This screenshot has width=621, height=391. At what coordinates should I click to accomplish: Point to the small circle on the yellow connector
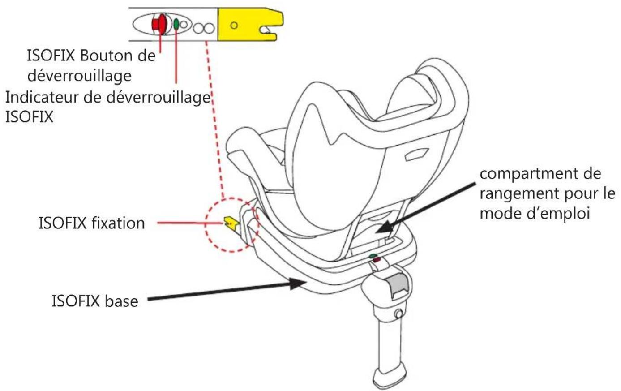point(234,26)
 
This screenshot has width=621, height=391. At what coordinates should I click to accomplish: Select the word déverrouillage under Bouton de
point(79,76)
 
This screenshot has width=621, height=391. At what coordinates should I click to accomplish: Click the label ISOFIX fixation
point(92,223)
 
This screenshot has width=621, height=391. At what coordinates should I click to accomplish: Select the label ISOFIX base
point(95,301)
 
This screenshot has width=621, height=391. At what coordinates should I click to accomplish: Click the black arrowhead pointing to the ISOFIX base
point(298,283)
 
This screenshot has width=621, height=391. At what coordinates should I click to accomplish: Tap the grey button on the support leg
point(398,285)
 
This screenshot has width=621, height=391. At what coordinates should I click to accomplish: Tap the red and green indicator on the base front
point(374,258)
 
